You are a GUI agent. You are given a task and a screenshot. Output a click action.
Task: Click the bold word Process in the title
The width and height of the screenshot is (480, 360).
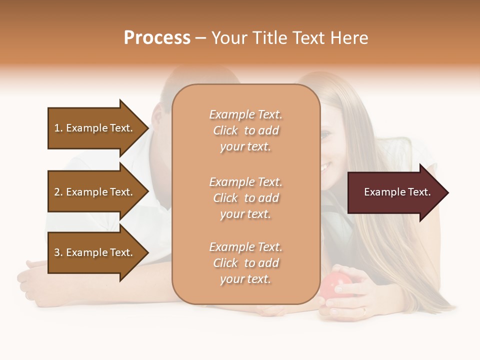(157, 38)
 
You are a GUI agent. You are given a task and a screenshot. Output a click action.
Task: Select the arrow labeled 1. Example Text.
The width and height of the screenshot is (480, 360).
(95, 128)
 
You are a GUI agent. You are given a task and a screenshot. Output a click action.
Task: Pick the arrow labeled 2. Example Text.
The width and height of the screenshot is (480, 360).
(95, 192)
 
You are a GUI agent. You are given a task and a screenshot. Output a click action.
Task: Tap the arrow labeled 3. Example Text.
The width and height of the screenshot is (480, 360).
(95, 252)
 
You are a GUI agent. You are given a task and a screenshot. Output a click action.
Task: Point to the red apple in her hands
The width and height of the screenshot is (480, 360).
(332, 287)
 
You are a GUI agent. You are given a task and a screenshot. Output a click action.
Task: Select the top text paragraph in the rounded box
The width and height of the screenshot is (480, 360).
(245, 130)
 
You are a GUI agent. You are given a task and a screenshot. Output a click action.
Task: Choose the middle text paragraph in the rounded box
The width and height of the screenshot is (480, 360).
(245, 197)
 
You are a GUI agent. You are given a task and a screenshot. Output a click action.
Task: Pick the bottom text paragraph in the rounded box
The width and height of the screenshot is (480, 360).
(245, 263)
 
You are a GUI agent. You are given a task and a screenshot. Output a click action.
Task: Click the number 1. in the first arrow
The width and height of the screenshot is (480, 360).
(58, 128)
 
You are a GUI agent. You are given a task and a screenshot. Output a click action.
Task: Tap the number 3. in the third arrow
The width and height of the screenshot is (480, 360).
(58, 252)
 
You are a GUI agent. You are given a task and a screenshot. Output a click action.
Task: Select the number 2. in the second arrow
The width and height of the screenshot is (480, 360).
(58, 192)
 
